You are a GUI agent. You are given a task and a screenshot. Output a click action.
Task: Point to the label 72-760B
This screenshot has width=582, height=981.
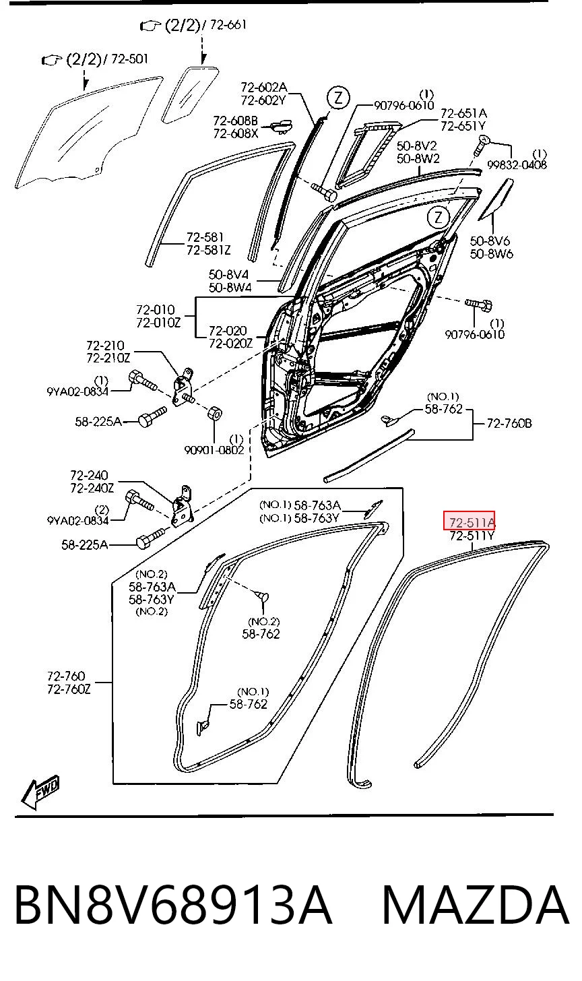[509, 424]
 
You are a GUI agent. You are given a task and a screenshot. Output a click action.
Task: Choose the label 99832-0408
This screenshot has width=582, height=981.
[517, 164]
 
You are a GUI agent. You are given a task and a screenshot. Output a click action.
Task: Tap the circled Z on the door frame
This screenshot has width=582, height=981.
[439, 217]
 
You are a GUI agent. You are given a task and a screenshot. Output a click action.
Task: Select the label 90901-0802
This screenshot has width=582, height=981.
[214, 450]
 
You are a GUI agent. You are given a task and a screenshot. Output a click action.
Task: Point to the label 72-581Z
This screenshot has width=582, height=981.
[208, 251]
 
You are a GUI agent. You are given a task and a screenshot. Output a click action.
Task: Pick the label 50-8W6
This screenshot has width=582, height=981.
[491, 254]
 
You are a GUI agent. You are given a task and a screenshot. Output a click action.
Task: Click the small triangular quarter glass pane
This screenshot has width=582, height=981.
[189, 94]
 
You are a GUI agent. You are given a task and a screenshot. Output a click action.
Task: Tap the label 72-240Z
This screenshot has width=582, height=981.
[92, 488]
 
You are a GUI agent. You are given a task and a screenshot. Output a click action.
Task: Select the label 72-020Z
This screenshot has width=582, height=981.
[231, 344]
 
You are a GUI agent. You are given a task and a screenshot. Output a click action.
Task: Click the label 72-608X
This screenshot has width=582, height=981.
[236, 133]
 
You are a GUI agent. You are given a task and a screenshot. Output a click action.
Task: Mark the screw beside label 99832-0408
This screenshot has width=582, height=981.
[480, 146]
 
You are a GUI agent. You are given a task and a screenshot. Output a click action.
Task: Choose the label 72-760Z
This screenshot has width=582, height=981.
[69, 689]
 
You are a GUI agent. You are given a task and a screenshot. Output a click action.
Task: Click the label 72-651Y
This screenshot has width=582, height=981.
[463, 126]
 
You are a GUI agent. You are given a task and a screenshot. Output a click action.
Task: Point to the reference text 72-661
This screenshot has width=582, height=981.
[228, 24]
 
